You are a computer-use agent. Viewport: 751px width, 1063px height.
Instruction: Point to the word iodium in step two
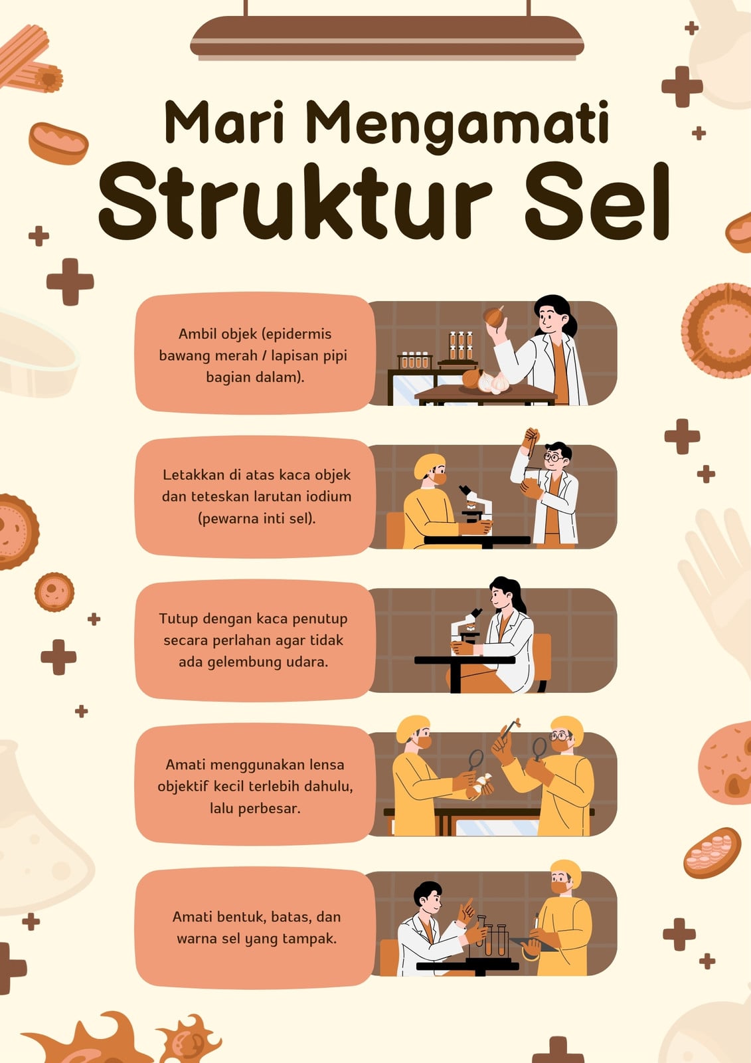click(x=328, y=496)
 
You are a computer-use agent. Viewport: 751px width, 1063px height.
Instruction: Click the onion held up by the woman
click(x=494, y=316)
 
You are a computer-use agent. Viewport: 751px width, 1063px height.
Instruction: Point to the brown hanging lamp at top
click(x=387, y=37)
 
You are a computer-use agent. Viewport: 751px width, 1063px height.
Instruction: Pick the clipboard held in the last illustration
click(x=533, y=944)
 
